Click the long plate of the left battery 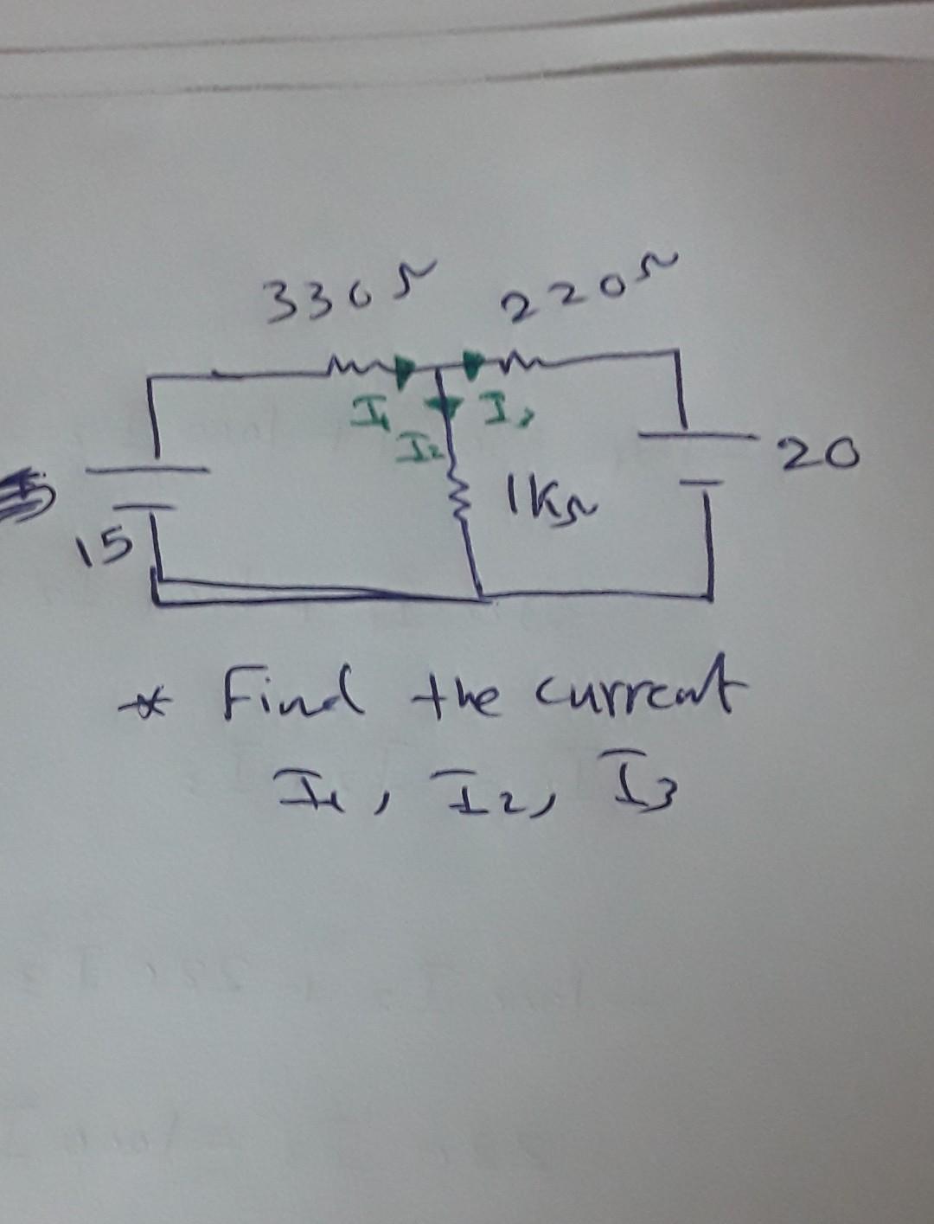coord(147,471)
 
